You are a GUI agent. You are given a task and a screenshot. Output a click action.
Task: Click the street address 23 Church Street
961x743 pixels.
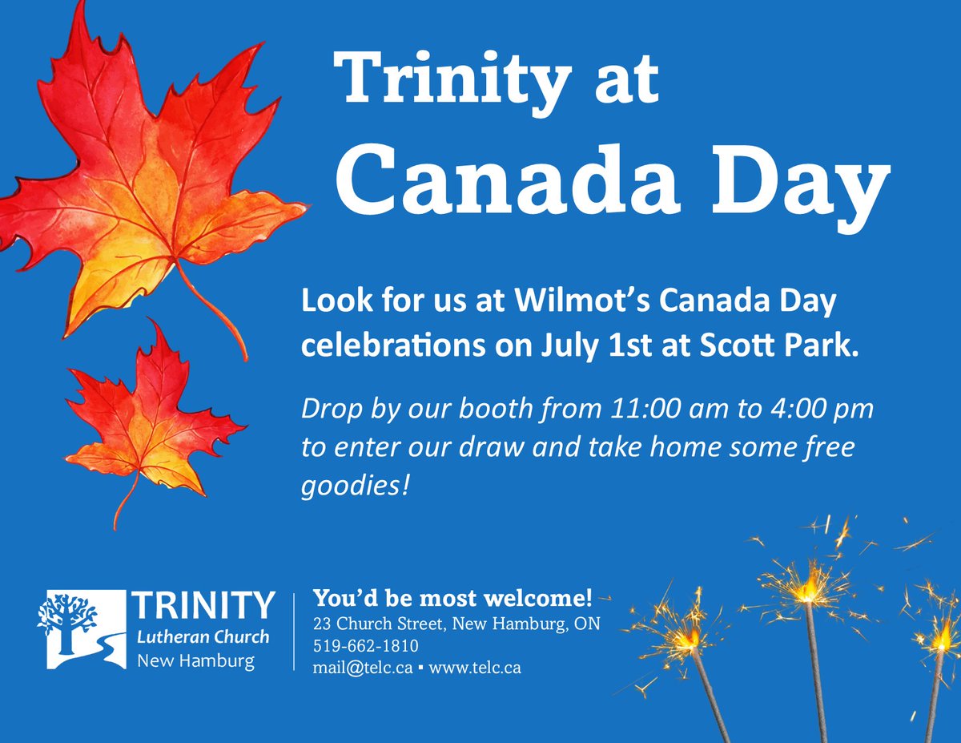tap(381, 624)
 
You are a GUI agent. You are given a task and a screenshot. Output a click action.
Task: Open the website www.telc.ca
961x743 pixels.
tap(475, 667)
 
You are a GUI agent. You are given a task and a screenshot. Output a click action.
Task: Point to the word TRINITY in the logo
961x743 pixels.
tap(205, 606)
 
